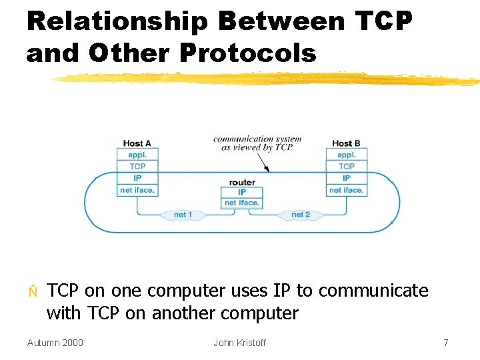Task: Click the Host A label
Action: pos(137,143)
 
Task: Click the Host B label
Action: pos(346,143)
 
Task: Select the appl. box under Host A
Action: pos(137,155)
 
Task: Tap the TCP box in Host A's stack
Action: pos(137,167)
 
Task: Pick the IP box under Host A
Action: pos(137,178)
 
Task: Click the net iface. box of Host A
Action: pos(137,190)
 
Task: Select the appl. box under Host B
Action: pos(347,155)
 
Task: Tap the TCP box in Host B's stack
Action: pos(347,167)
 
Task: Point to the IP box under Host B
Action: pos(347,178)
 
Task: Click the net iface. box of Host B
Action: pos(347,190)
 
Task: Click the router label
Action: pos(242,182)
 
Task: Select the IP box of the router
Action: pos(242,192)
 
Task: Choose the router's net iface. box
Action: pos(242,203)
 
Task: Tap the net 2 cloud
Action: pos(301,215)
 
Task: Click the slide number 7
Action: pos(446,343)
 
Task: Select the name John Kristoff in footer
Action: pos(239,343)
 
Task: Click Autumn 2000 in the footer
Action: pos(55,343)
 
